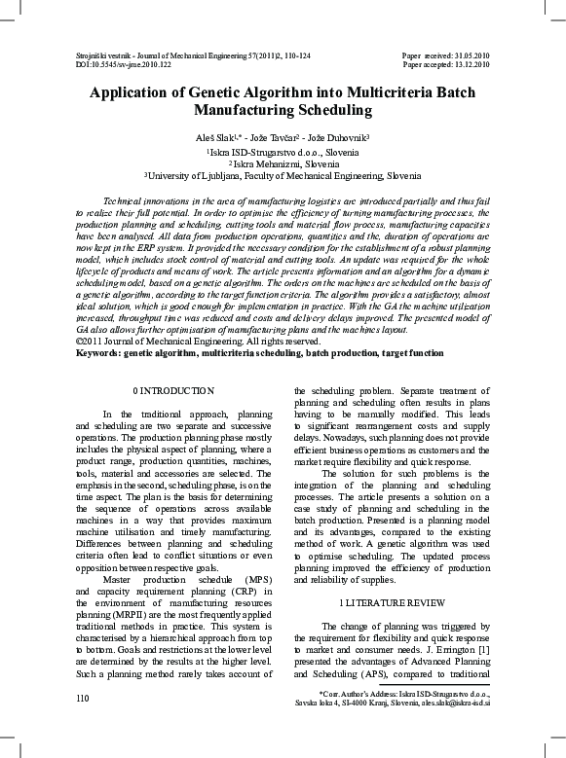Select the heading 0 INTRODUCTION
pos(172,390)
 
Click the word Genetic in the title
pos(241,94)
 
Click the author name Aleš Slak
pos(215,139)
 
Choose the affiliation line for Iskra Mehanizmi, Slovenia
pos(284,164)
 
